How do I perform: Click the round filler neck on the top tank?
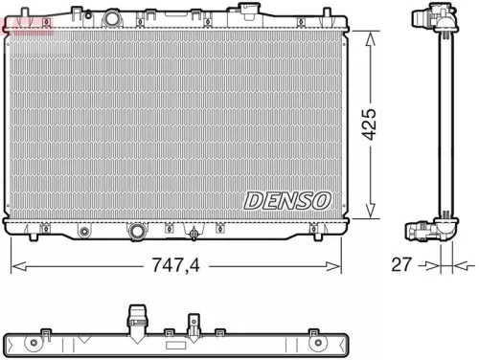(x=114, y=19)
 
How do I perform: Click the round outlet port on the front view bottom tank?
(x=140, y=232)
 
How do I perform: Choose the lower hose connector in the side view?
(x=427, y=231)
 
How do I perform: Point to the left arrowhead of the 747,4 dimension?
(x=13, y=265)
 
